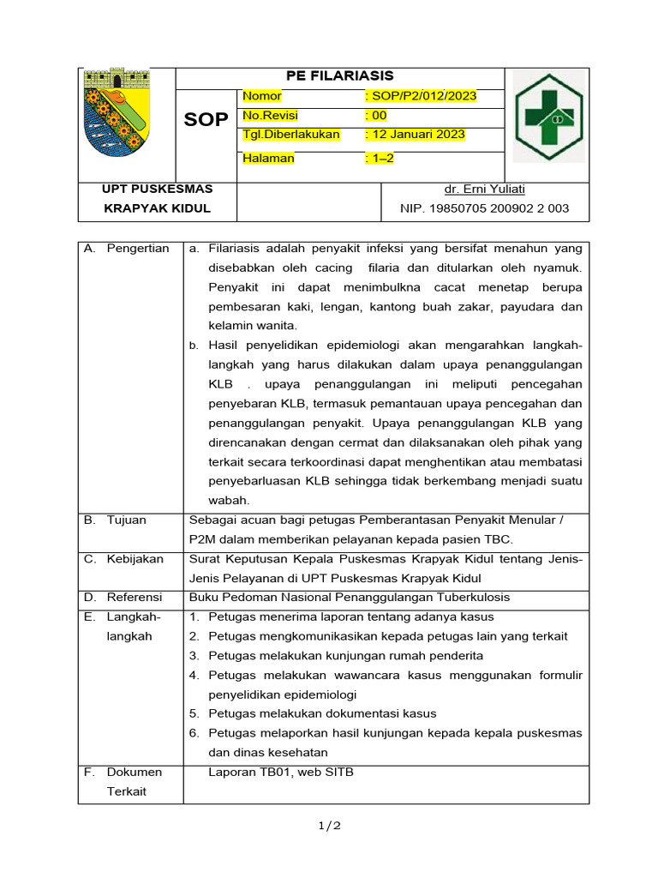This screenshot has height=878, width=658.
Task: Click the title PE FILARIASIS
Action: [339, 76]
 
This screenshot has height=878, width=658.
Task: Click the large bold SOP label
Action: [206, 120]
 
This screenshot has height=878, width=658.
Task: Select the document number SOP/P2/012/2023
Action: [421, 96]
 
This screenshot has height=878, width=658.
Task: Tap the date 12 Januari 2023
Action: [415, 135]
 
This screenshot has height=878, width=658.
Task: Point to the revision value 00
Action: [376, 116]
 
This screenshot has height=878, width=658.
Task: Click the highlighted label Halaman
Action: [268, 158]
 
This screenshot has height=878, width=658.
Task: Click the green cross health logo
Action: [548, 117]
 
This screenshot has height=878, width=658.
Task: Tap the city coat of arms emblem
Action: [120, 118]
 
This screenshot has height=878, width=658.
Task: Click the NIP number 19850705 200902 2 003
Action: [484, 208]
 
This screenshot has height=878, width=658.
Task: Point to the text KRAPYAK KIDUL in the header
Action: [157, 208]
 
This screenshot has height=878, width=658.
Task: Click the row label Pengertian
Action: [138, 249]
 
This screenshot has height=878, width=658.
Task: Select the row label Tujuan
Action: [126, 520]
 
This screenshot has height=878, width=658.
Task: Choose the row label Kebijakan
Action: [135, 559]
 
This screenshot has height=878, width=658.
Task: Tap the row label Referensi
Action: [135, 597]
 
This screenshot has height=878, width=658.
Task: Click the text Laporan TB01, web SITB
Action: [280, 772]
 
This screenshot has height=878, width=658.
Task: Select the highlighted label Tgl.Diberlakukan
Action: [291, 135]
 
